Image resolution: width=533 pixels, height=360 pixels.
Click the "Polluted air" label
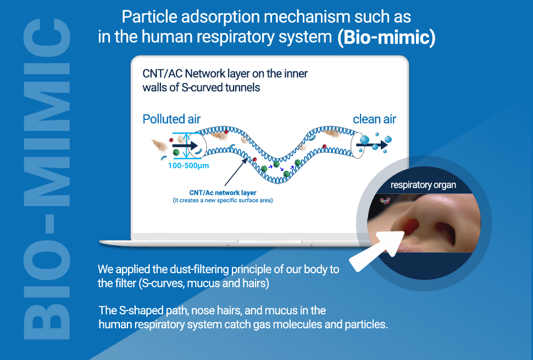[x=171, y=119]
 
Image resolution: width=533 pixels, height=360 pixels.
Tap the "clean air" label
[x=374, y=119]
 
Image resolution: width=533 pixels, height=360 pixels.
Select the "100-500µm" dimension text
[x=188, y=166]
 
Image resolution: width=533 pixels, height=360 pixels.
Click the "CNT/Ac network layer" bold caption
[x=223, y=193]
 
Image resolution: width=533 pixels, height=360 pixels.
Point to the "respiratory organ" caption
[x=423, y=185]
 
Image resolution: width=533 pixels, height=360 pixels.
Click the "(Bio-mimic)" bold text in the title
[x=386, y=37]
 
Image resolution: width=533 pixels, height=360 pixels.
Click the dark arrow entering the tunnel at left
[x=185, y=146]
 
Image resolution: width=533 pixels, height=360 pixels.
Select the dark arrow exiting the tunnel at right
[x=372, y=145]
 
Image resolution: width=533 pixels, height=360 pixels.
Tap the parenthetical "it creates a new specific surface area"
[x=223, y=201]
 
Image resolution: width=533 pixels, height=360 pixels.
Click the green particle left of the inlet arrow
[x=176, y=152]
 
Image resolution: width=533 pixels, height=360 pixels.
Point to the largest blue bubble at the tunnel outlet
[x=364, y=140]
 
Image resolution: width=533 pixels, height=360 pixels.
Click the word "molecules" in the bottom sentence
[x=297, y=324]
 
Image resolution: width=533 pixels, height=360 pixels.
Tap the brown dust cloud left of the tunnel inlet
[x=159, y=146]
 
